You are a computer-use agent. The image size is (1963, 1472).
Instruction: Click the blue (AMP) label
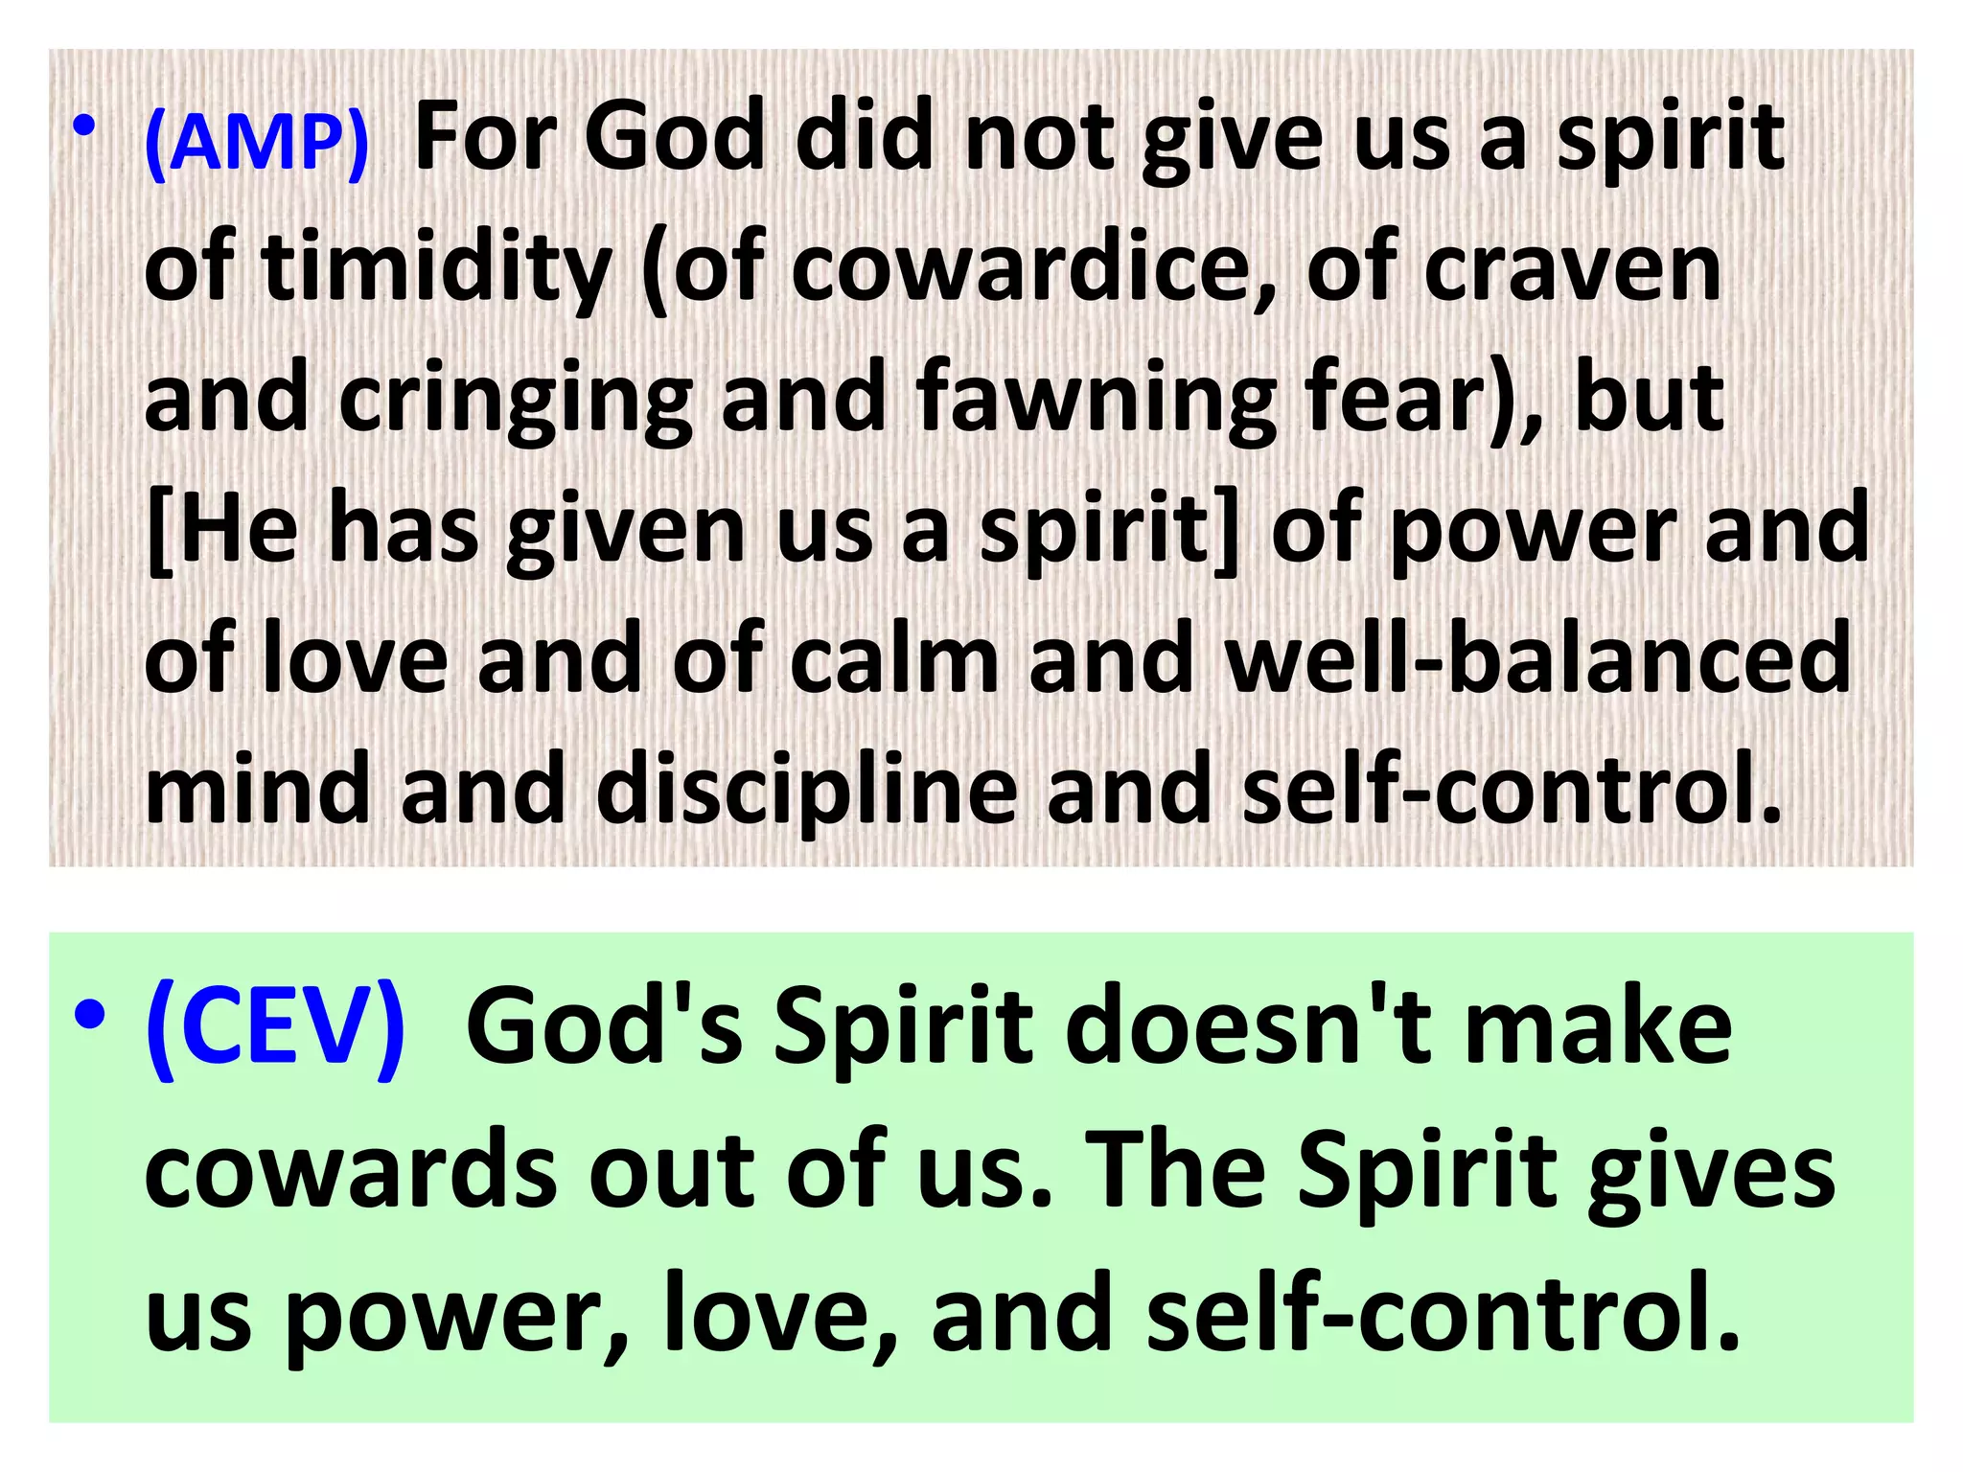coord(257,144)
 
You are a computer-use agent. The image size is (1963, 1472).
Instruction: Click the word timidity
coord(436,270)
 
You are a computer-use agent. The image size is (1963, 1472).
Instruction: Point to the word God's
coord(604,1028)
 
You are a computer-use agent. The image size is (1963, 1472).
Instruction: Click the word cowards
coord(351,1171)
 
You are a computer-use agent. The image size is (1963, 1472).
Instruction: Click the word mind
coord(257,791)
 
